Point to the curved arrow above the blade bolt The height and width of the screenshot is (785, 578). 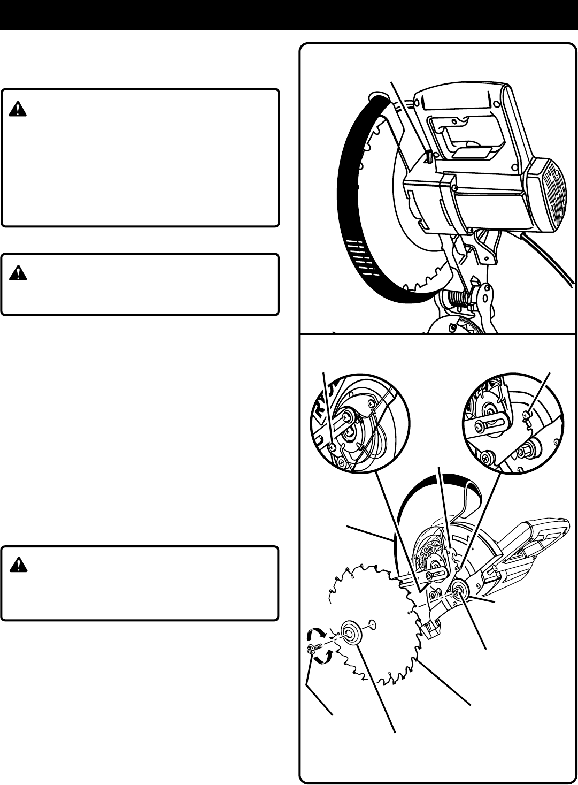pyautogui.click(x=312, y=636)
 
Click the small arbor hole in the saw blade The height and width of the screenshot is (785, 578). pyautogui.click(x=373, y=623)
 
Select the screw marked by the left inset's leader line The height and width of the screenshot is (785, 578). pyautogui.click(x=333, y=447)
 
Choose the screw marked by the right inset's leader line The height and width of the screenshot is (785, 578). pyautogui.click(x=527, y=412)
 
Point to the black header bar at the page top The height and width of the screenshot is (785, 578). pyautogui.click(x=289, y=15)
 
